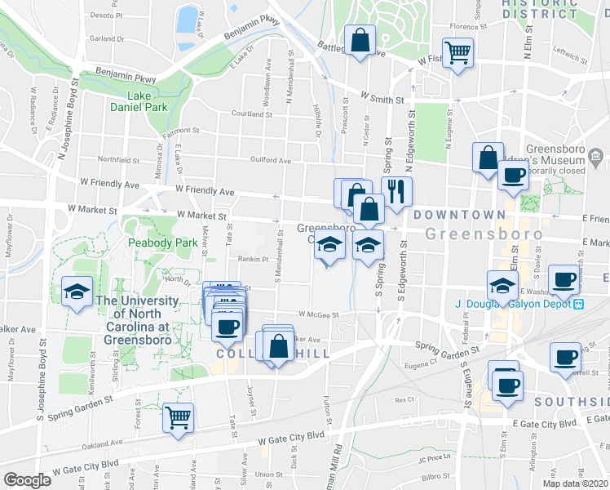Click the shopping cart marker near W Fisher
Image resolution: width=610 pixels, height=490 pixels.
coord(458,54)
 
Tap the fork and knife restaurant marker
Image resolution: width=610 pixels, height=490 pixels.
coord(396,191)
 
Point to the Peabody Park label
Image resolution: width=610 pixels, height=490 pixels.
coord(163,243)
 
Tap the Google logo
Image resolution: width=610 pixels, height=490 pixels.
coord(27,480)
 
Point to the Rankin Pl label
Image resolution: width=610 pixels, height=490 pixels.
coord(253,260)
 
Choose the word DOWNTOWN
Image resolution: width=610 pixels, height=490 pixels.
coord(459,215)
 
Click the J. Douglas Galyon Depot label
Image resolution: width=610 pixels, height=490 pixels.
coord(513,305)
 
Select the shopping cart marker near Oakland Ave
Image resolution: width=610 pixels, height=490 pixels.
coord(178,416)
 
